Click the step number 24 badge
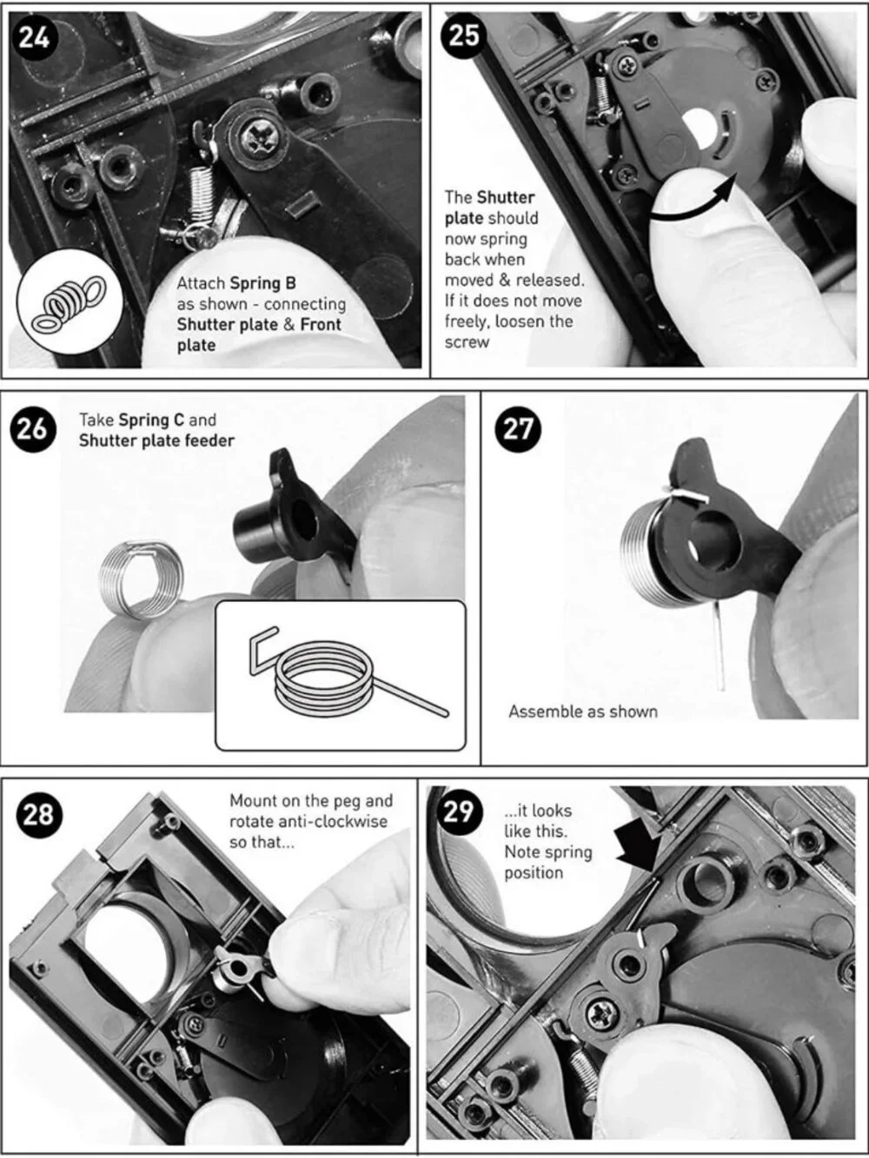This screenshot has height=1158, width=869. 34,38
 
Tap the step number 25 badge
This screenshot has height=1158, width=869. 464,36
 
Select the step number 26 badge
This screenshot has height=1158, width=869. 32,428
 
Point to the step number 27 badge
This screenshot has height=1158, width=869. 518,428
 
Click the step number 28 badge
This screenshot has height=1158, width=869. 38,815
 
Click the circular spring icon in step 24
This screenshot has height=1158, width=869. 70,302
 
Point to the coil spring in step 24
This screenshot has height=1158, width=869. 200,191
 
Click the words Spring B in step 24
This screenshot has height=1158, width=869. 263,283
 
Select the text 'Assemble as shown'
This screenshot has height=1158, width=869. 583,711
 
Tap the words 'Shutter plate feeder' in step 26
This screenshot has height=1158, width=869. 156,440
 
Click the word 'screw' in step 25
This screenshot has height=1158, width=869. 467,342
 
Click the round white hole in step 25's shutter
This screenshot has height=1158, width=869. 700,129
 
